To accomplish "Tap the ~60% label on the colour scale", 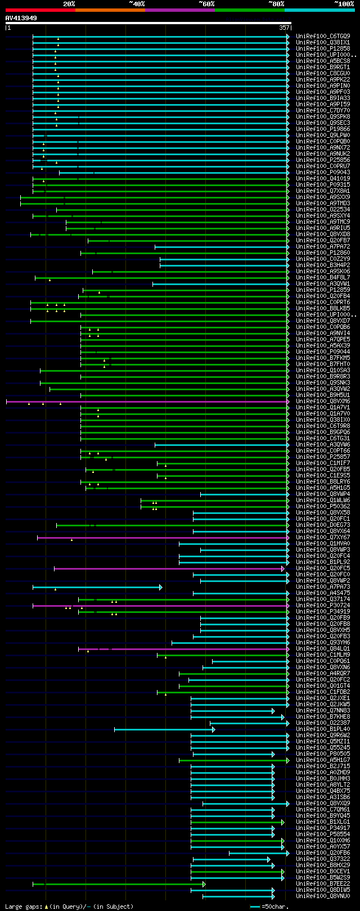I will pyautogui.click(x=206, y=4).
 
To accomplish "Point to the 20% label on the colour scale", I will pyautogui.click(x=69, y=4).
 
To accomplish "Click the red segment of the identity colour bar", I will pyautogui.click(x=40, y=10).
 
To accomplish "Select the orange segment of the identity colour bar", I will pyautogui.click(x=110, y=10).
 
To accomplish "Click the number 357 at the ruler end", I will pyautogui.click(x=284, y=28).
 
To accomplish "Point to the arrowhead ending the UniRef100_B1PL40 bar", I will pyautogui.click(x=214, y=730).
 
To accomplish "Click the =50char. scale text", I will pyautogui.click(x=274, y=907).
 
